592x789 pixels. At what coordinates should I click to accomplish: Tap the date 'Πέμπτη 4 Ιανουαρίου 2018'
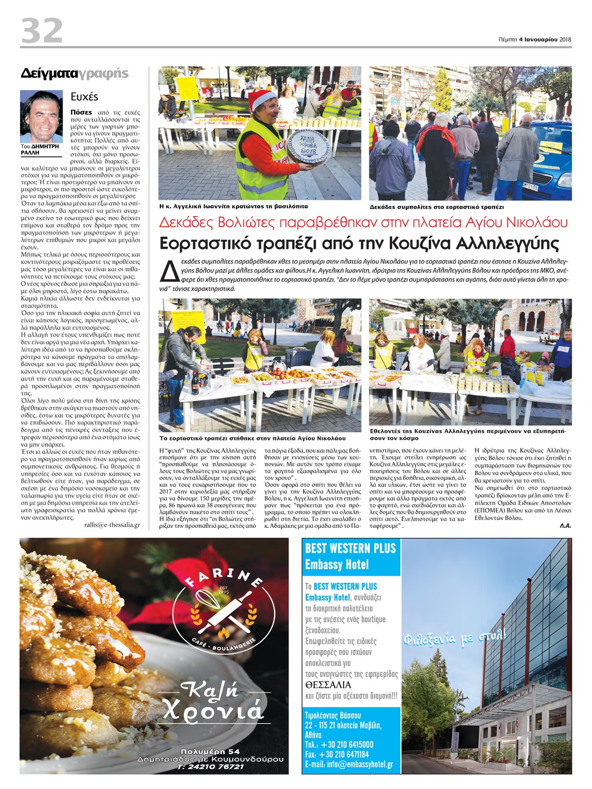535,39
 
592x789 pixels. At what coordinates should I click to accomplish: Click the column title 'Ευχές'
84,96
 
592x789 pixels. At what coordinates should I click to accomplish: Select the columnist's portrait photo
42,116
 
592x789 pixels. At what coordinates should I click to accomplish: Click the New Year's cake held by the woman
307,146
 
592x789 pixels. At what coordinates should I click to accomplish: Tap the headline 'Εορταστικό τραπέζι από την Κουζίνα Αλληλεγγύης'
359,243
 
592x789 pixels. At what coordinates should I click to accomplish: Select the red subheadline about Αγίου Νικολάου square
363,223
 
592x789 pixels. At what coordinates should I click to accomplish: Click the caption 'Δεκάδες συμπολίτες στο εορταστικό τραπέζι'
437,207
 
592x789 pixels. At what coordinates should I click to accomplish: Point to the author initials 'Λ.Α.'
565,525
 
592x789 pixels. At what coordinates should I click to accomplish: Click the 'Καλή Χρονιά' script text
212,702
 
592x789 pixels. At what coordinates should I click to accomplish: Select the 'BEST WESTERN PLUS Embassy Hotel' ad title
350,556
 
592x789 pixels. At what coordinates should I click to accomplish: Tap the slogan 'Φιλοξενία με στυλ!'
454,636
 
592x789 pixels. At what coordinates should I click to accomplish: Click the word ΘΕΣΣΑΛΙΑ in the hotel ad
328,685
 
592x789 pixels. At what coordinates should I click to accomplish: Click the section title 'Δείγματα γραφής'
74,73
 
